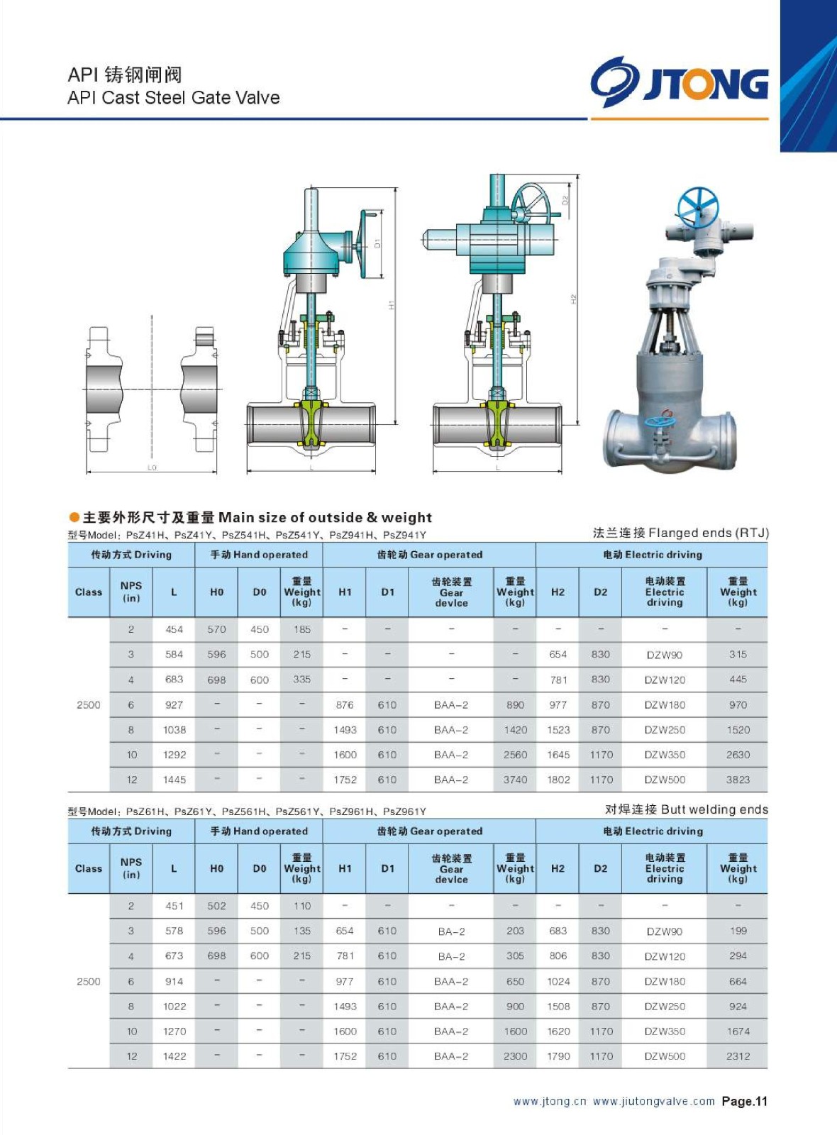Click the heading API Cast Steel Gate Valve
173,97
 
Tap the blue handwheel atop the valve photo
697,208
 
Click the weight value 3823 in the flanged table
738,780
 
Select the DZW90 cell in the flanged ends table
664,655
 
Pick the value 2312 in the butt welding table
738,1056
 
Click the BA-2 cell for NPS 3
451,931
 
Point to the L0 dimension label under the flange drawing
152,467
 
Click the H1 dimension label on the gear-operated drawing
391,305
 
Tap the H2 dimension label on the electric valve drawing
574,299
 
